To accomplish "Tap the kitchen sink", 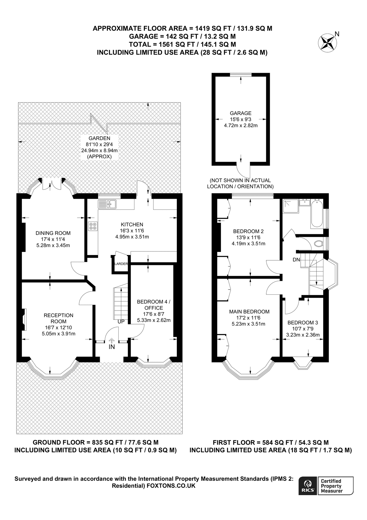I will point(107,204).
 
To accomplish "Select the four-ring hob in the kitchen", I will point(93,226).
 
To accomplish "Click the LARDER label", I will point(121,264).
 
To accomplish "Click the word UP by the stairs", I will point(121,322).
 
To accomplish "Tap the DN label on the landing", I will point(296,260).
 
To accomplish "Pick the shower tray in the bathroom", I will point(290,206).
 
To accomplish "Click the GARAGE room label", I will point(241,113).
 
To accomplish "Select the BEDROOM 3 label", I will point(303,323).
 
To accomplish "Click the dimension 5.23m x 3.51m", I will point(248,324).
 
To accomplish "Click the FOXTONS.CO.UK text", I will point(171,486).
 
